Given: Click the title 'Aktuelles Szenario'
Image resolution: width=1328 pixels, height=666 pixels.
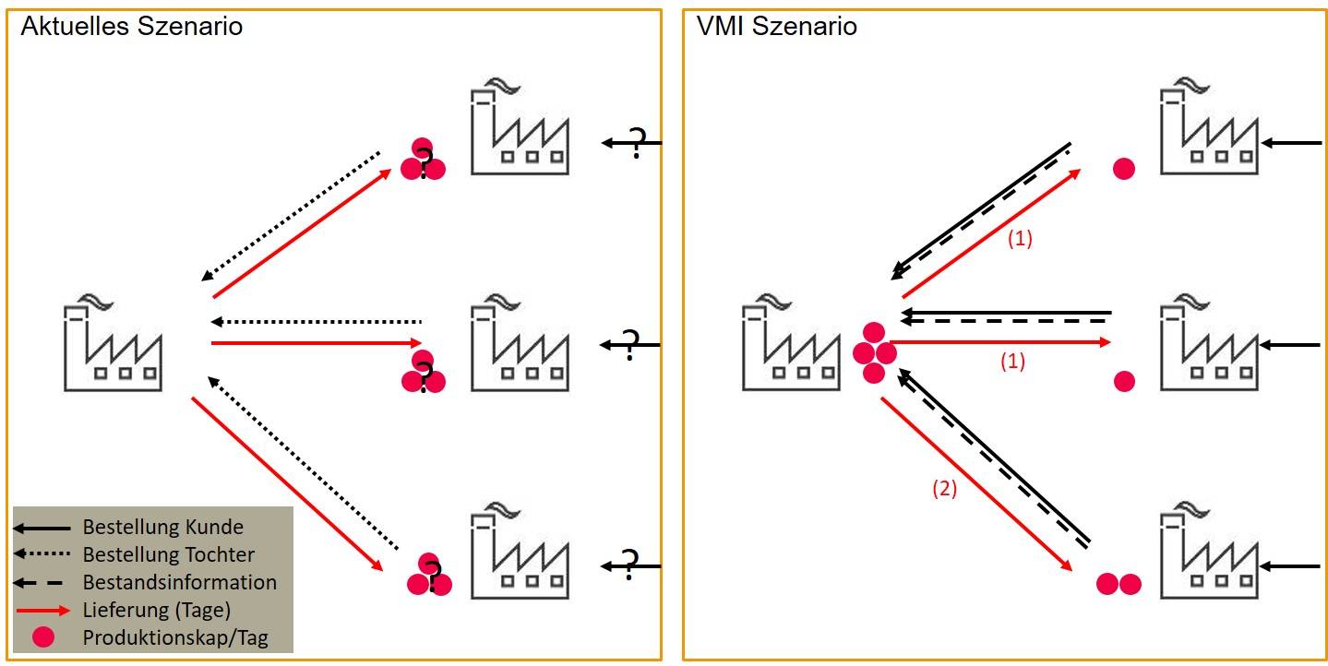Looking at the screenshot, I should (131, 26).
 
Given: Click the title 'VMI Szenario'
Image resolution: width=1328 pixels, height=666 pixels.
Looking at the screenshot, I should (776, 26).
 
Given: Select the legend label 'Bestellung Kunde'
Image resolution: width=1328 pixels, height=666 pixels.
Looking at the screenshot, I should (162, 528).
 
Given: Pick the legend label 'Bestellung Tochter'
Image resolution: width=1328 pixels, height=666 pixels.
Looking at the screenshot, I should (168, 555).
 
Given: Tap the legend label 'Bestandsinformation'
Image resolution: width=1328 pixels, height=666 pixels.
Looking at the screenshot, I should (179, 583).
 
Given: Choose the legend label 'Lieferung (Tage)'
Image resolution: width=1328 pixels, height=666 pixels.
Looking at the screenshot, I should (156, 610).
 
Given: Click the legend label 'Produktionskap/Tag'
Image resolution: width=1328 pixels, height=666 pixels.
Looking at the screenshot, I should (175, 637).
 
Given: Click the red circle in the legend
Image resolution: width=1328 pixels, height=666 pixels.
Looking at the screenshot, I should (42, 637).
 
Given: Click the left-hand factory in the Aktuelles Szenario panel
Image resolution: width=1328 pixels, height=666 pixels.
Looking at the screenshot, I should (113, 346).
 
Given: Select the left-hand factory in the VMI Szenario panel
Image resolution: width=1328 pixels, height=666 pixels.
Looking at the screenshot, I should (790, 346).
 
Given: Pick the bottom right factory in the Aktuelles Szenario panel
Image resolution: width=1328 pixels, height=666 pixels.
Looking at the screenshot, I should (520, 551).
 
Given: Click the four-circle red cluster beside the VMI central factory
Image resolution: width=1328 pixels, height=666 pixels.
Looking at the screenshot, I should (873, 353).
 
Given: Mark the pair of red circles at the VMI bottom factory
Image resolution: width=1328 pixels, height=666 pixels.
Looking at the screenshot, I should (1119, 584).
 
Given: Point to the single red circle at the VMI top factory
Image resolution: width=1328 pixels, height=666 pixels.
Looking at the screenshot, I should (1123, 169).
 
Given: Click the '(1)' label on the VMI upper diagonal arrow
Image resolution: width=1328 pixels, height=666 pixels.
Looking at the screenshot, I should (1019, 239).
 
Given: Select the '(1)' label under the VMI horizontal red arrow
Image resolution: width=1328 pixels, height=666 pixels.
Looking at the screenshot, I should (1013, 363).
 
